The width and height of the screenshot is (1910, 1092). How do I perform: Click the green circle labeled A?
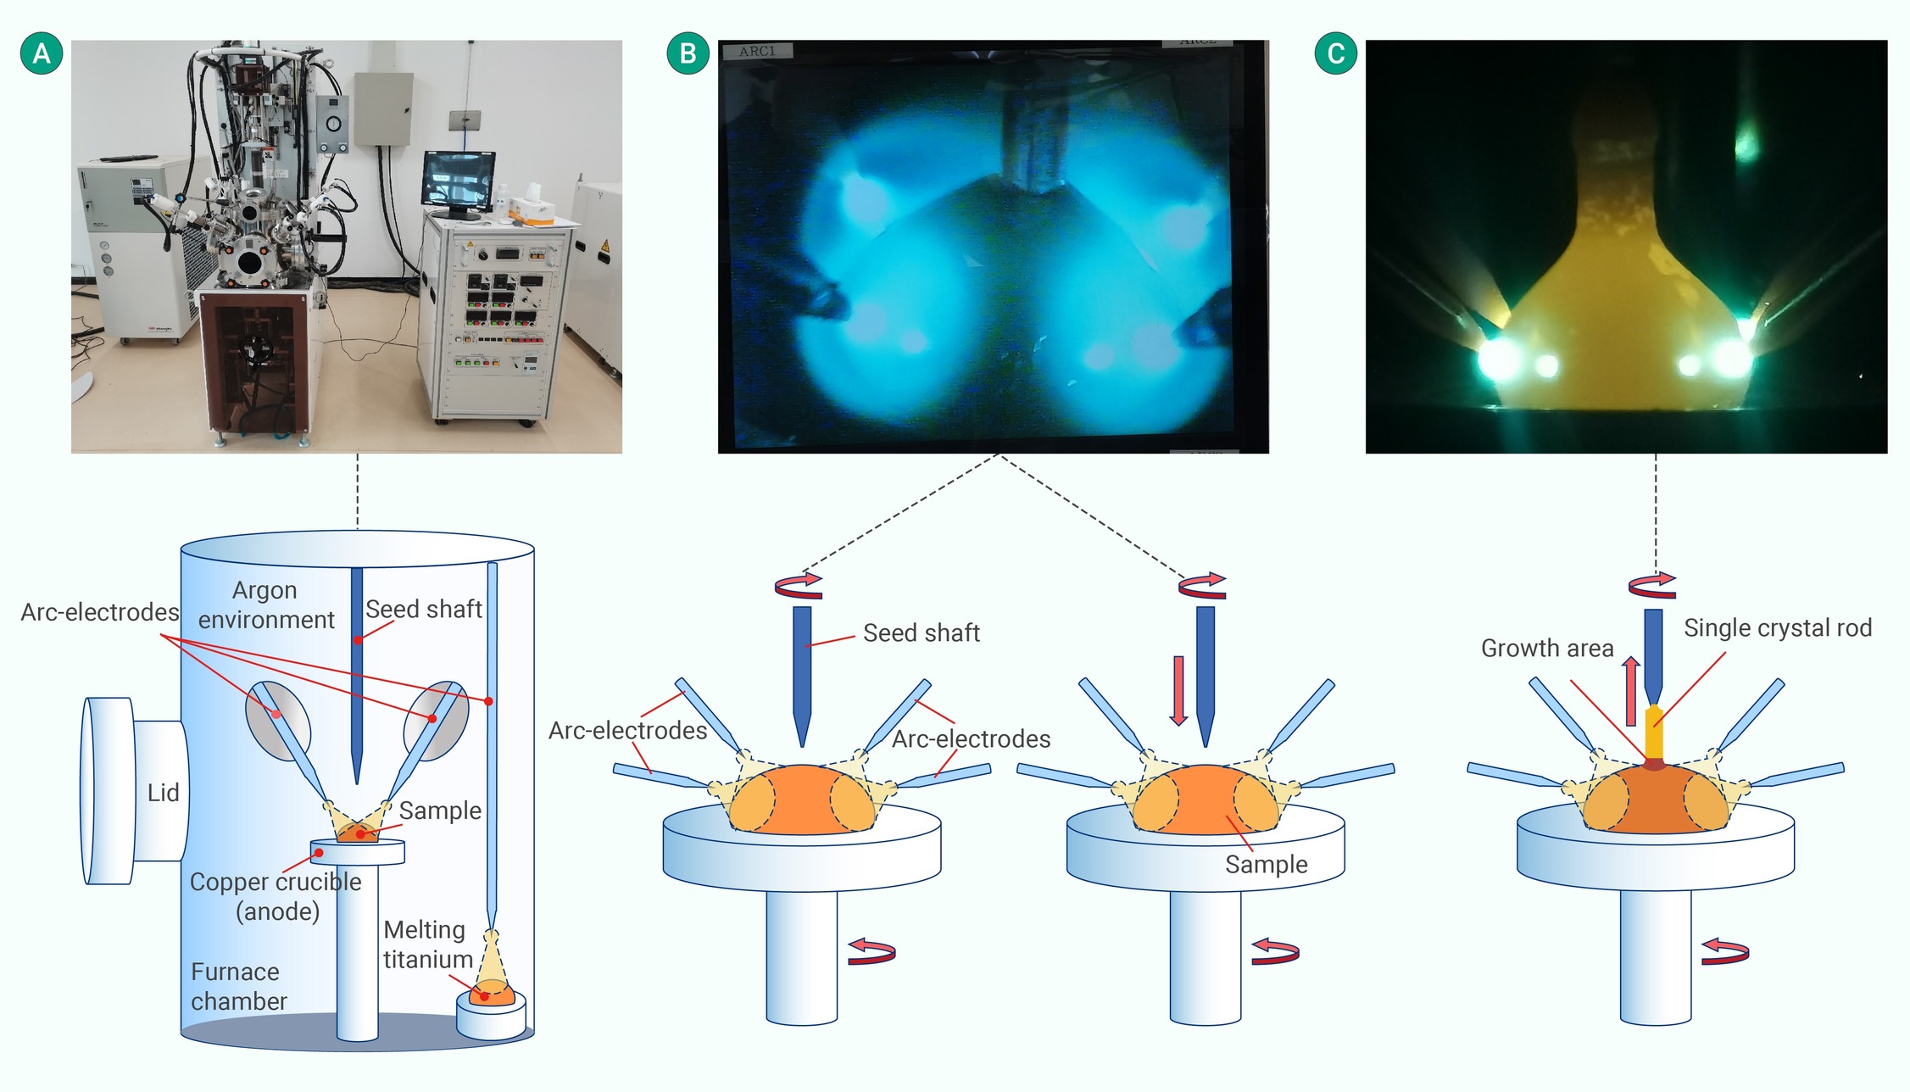(42, 53)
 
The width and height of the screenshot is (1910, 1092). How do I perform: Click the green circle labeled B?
(688, 53)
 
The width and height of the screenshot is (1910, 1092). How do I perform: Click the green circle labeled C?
(1335, 53)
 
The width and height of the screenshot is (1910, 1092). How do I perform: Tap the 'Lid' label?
(163, 793)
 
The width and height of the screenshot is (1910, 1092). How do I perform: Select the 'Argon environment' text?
(265, 604)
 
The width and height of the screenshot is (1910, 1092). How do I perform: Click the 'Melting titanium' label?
(427, 944)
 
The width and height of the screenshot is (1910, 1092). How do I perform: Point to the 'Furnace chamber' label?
(238, 986)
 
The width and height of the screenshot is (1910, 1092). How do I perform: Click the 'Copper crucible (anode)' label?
(276, 896)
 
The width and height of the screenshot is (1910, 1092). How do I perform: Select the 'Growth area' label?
(1546, 649)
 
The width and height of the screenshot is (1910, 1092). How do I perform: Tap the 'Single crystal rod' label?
(1777, 628)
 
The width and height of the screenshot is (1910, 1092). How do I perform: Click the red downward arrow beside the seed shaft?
(1178, 689)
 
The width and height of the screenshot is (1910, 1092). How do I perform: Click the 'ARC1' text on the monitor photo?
(757, 52)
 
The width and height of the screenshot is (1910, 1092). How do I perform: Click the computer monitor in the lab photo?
(459, 181)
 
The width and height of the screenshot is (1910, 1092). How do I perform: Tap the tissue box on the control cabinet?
(533, 207)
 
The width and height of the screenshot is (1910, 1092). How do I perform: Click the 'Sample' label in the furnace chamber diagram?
(440, 811)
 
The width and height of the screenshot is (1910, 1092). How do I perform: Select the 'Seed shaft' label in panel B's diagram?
(921, 633)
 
